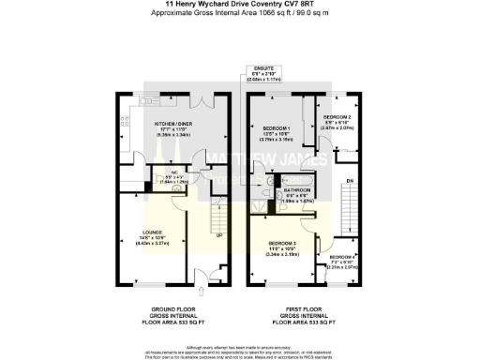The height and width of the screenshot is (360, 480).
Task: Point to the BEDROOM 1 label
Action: tap(276, 127)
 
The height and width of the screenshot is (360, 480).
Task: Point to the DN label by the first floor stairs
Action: tap(351, 181)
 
